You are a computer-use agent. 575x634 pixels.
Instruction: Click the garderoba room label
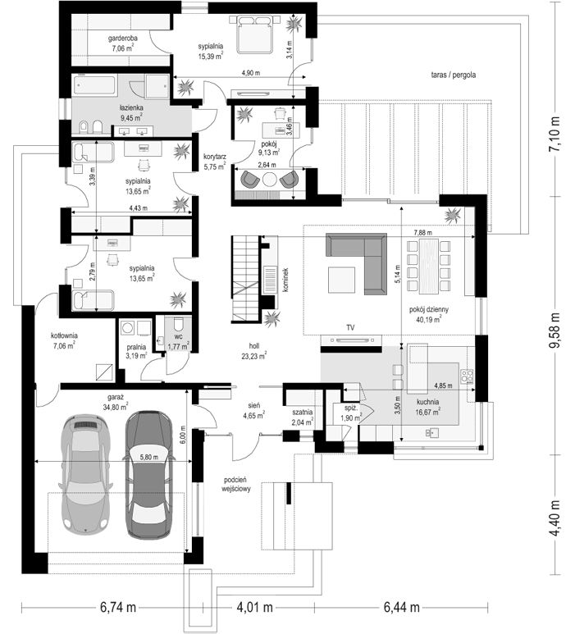click(x=122, y=39)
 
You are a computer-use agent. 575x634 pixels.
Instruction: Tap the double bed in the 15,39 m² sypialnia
click(x=254, y=34)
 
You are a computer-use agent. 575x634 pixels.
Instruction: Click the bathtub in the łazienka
click(x=95, y=85)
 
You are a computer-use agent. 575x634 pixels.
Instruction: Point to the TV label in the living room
click(x=350, y=327)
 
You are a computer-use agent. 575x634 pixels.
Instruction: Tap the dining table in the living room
click(x=429, y=266)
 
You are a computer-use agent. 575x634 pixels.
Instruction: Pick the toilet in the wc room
click(x=178, y=326)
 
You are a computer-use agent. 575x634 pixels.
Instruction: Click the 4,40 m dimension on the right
click(x=554, y=518)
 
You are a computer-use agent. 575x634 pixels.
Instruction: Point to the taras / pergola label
click(x=454, y=75)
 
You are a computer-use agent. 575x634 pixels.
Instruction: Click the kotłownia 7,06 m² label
click(x=64, y=340)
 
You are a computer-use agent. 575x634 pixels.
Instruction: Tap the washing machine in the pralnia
click(x=128, y=327)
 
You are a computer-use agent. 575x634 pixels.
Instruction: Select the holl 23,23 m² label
click(x=254, y=351)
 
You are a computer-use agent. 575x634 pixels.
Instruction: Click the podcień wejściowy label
click(x=236, y=484)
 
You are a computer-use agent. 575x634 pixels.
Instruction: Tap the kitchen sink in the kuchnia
click(x=431, y=432)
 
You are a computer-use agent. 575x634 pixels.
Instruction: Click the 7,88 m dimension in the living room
click(x=422, y=232)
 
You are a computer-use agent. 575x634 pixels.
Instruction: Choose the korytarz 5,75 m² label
click(x=214, y=162)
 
